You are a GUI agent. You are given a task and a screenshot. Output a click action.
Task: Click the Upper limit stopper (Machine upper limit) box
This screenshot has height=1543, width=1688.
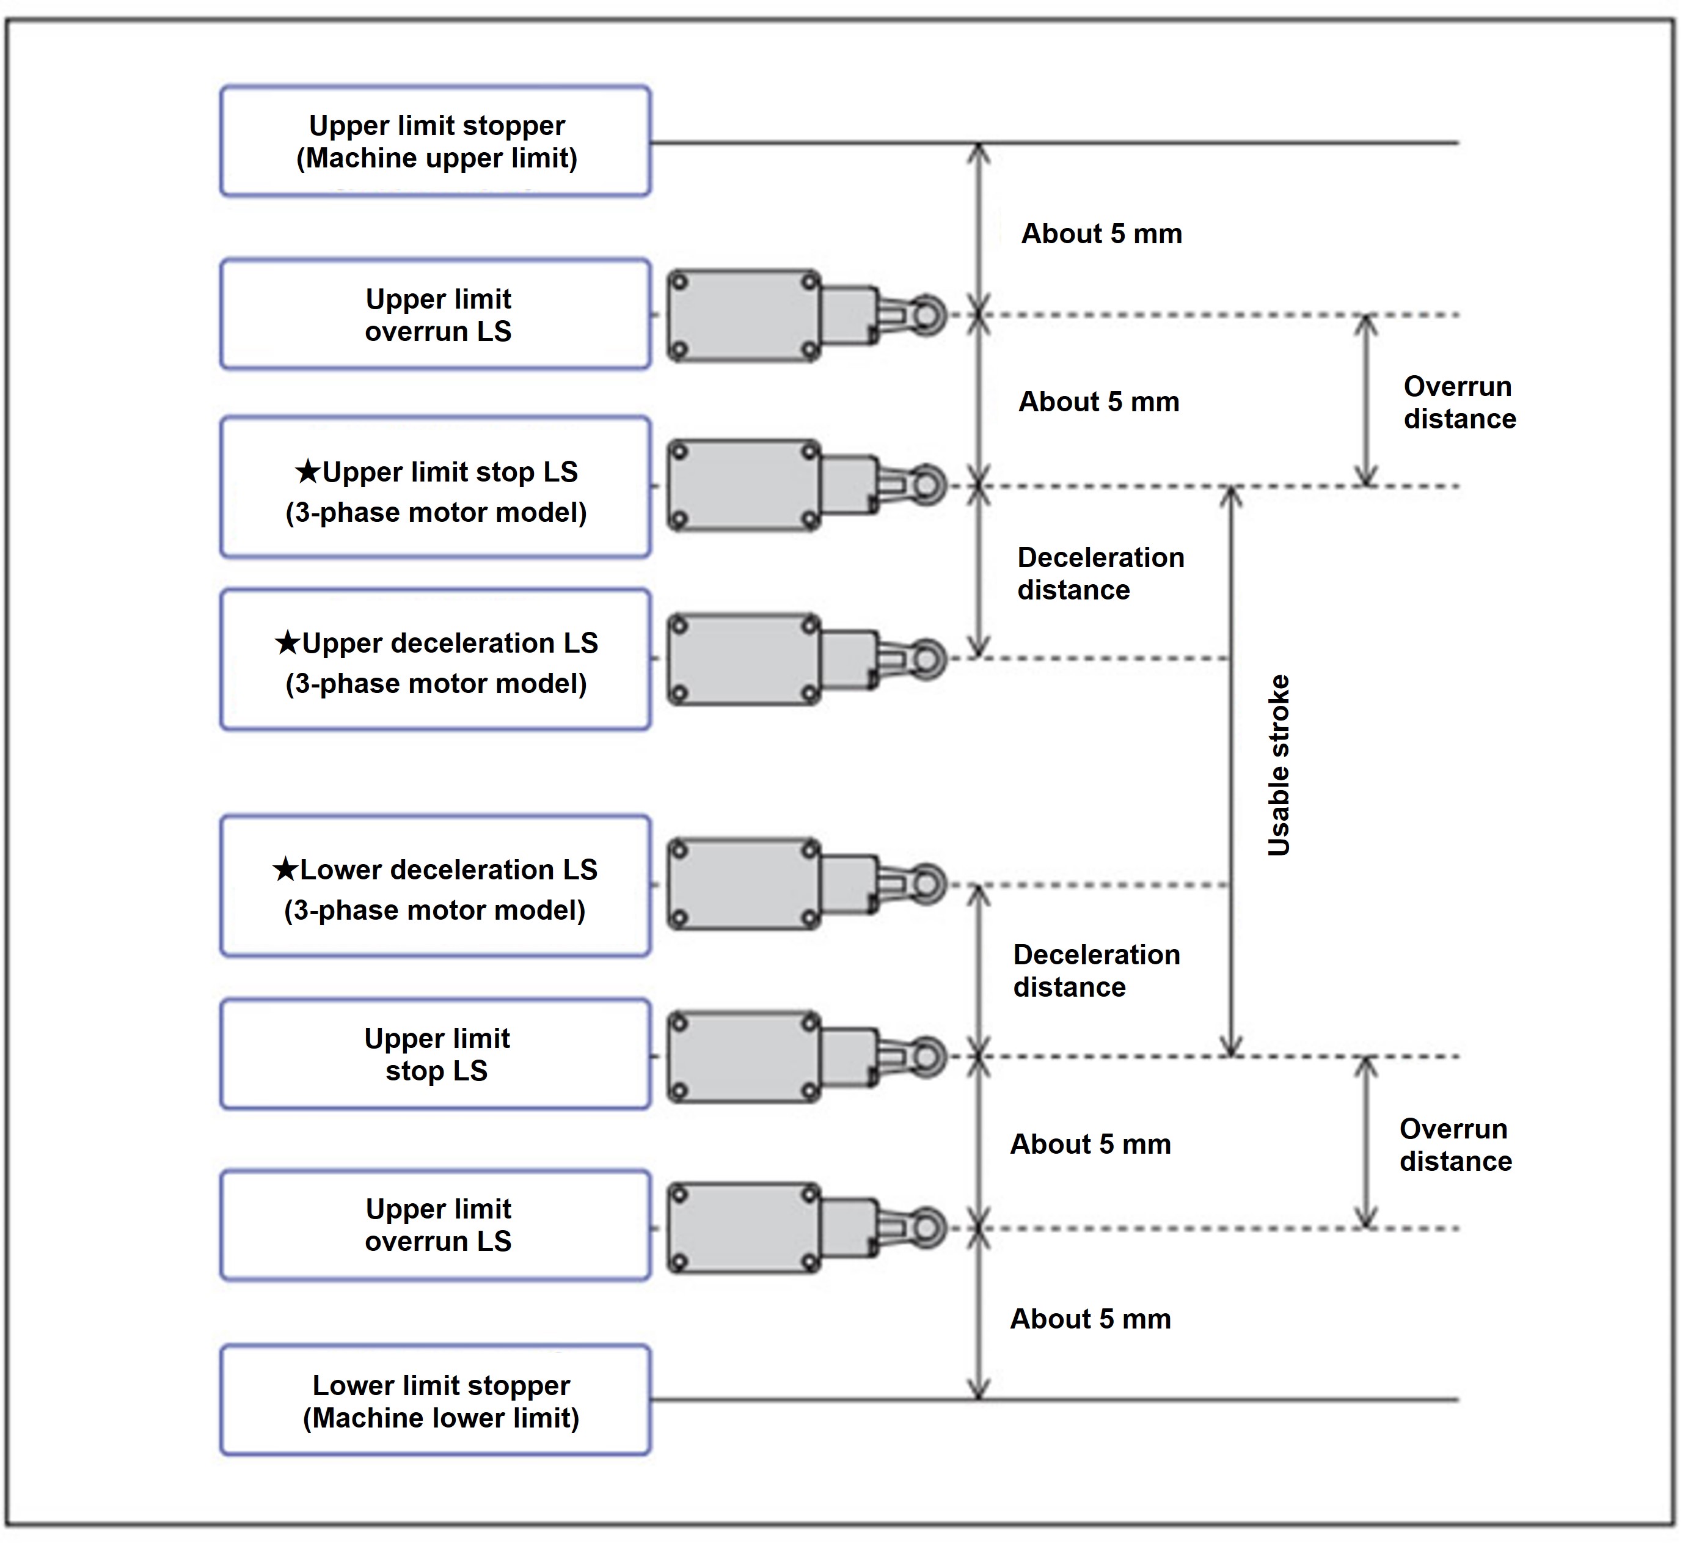pyautogui.click(x=436, y=141)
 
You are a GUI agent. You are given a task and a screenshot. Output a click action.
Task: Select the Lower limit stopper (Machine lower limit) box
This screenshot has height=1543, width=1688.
pyautogui.click(x=436, y=1401)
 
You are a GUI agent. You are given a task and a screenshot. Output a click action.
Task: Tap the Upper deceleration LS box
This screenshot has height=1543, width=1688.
pyautogui.click(x=436, y=660)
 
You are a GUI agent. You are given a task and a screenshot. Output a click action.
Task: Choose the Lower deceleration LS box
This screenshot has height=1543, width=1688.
pyautogui.click(x=436, y=886)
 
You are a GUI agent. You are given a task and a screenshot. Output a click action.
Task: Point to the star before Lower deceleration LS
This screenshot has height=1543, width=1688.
pyautogui.click(x=285, y=870)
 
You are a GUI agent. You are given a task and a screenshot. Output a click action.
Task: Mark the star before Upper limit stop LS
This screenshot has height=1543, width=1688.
pyautogui.click(x=307, y=472)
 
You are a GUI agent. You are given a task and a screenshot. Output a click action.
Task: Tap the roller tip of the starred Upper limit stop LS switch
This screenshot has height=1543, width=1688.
pyautogui.click(x=928, y=485)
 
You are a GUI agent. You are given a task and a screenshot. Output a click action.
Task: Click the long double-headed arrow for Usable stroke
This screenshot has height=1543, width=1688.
pyautogui.click(x=1230, y=771)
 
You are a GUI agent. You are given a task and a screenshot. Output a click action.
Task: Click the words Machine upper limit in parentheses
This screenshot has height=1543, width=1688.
pyautogui.click(x=437, y=158)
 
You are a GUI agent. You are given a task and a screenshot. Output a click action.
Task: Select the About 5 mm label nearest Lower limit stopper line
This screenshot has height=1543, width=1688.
pyautogui.click(x=1090, y=1319)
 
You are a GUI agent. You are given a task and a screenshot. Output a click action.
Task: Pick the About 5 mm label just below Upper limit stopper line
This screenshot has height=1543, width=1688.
pyautogui.click(x=1101, y=233)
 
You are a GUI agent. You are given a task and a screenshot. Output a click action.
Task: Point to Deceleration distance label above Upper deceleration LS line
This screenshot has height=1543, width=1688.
pyautogui.click(x=1100, y=574)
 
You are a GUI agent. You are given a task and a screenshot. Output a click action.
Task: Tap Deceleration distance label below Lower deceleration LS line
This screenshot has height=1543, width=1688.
pyautogui.click(x=1096, y=971)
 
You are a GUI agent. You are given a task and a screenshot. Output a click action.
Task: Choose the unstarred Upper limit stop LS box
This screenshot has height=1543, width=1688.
pyautogui.click(x=436, y=1055)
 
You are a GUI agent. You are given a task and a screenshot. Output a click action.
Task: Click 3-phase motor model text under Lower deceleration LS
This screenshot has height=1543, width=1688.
pyautogui.click(x=434, y=911)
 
